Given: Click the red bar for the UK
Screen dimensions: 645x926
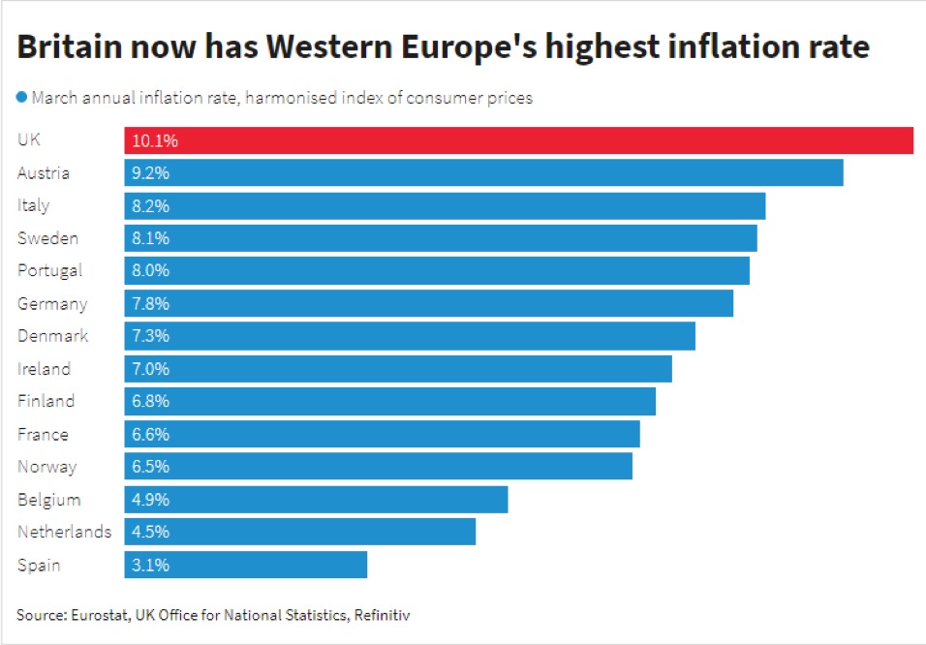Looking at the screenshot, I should [x=518, y=140].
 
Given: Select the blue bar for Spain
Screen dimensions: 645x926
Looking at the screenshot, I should [x=245, y=565].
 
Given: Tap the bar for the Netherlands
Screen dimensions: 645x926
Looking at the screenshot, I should [x=299, y=532].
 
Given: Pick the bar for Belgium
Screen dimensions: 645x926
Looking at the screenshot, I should [x=316, y=500].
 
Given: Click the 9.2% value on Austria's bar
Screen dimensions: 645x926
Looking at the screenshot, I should [x=150, y=173].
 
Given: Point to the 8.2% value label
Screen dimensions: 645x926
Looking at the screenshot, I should [x=150, y=206].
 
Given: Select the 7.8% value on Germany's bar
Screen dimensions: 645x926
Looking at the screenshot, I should [x=150, y=304].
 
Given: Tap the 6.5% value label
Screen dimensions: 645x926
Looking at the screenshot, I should [x=150, y=467].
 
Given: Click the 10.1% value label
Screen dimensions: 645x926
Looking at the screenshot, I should [x=155, y=140].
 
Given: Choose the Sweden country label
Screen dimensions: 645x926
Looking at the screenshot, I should [x=47, y=238].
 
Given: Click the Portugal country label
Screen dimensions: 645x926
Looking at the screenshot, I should [x=49, y=271].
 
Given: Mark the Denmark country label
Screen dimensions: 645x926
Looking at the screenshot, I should [x=52, y=336].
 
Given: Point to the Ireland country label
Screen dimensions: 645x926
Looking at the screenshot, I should [x=44, y=369].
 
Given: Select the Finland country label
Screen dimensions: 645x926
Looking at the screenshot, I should [x=46, y=401].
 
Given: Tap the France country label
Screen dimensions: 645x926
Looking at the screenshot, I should [x=43, y=435].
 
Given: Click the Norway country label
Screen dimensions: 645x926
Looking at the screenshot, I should [x=46, y=467].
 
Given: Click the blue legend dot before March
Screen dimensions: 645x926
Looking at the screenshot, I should [x=21, y=97].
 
